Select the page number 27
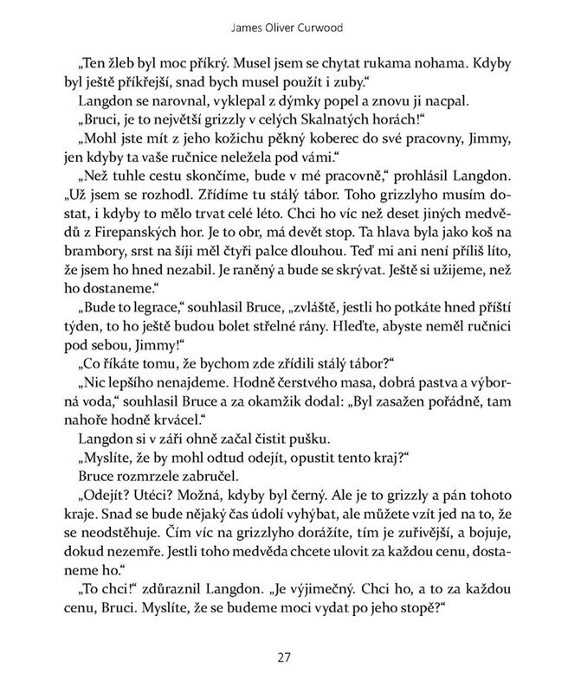click(x=283, y=657)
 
